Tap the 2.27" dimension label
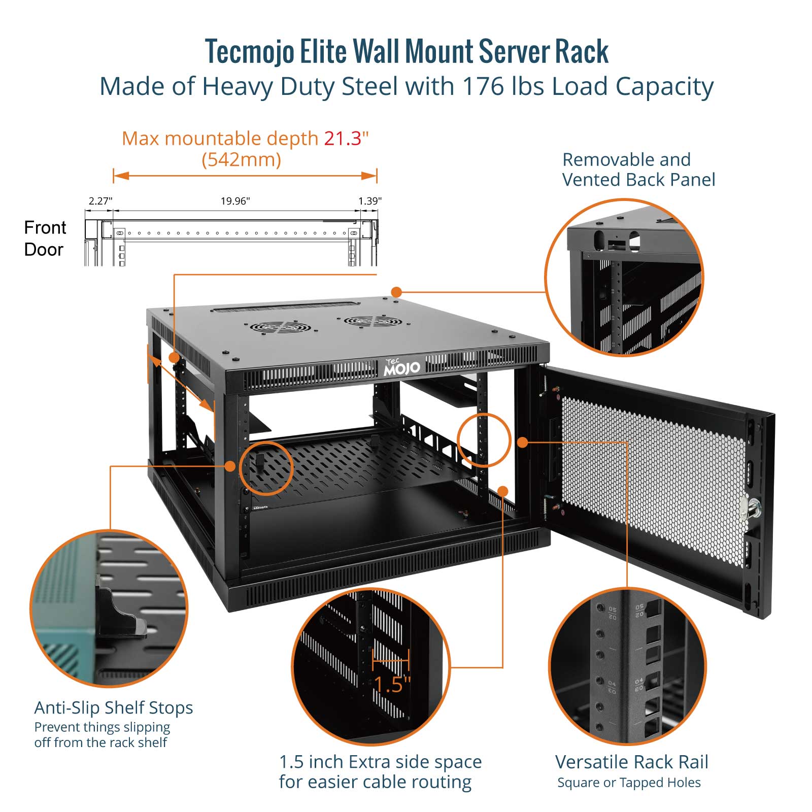click(x=100, y=201)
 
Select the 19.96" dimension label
click(x=235, y=201)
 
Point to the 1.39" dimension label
click(x=369, y=201)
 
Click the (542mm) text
click(x=241, y=160)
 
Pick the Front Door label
click(x=45, y=239)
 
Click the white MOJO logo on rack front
click(x=401, y=367)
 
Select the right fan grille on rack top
click(x=371, y=321)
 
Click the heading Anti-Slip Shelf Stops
click(x=114, y=707)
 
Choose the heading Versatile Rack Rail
click(x=631, y=762)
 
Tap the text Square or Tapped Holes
click(x=629, y=783)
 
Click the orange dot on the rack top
click(x=396, y=292)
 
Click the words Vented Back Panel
click(x=638, y=180)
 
